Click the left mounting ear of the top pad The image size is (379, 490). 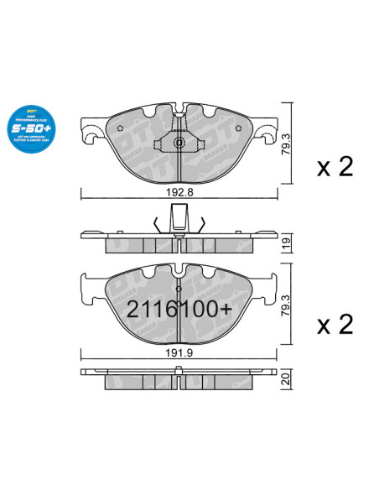pos(91,128)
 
